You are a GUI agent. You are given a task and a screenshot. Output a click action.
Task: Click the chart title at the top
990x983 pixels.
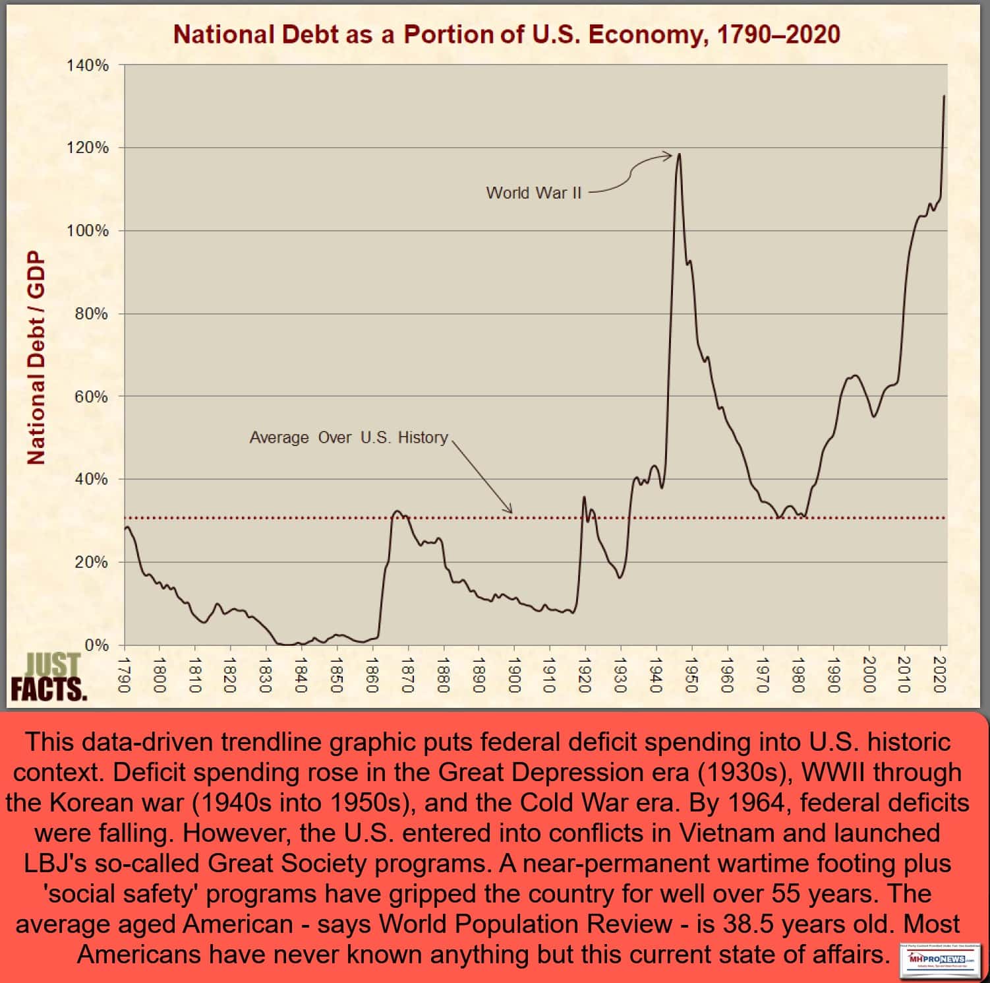tap(506, 34)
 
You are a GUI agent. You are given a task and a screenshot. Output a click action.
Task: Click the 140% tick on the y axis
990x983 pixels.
tap(88, 65)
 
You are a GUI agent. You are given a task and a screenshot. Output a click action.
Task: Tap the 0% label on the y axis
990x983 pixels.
tap(96, 645)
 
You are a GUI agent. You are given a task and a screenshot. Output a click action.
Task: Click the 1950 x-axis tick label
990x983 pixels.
tap(691, 674)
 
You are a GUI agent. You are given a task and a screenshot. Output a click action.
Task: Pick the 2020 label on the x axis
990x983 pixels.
tap(940, 674)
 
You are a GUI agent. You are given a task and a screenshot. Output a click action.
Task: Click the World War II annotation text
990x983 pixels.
tap(533, 193)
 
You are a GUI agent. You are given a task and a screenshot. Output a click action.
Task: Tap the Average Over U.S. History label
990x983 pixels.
tap(348, 437)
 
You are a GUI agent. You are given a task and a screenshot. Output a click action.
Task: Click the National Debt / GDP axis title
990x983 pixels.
tap(36, 358)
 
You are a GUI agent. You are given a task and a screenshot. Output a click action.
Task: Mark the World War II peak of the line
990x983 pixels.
tap(679, 155)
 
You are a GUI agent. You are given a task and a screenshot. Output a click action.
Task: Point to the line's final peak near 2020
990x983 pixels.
tap(944, 96)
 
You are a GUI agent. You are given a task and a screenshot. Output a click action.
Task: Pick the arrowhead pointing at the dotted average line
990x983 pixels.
tap(509, 510)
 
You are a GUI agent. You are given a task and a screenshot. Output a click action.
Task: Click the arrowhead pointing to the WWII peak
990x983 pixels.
tap(669, 156)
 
